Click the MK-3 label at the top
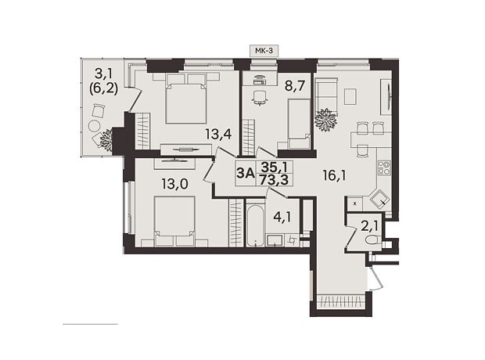point(264,50)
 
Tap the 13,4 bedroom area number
point(219,135)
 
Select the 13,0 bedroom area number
point(174,184)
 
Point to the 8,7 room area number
point(297,86)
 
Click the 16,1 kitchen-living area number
point(334,176)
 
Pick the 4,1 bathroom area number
point(282,217)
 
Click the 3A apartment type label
point(246,173)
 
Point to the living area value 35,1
point(275,167)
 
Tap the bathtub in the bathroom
point(256,225)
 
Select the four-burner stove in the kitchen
point(385,168)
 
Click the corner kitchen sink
point(379,200)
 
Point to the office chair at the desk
point(259,98)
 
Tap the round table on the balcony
point(94,126)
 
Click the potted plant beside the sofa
point(325,120)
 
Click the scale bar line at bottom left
point(90,324)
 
